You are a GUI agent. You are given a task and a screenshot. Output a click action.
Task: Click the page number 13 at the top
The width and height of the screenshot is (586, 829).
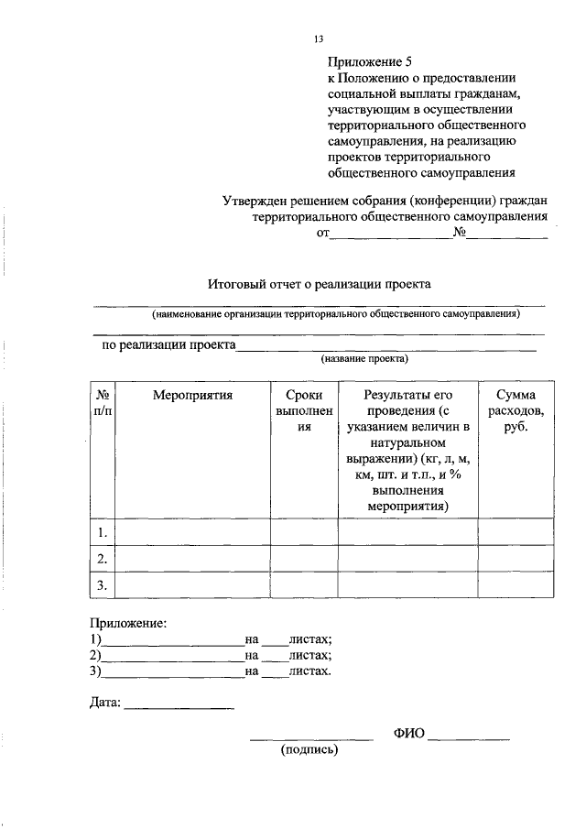click(x=319, y=39)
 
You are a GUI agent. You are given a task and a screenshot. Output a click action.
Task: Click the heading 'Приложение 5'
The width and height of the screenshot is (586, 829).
click(x=372, y=62)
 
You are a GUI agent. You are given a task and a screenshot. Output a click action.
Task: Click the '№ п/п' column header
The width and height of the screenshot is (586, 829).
click(x=103, y=404)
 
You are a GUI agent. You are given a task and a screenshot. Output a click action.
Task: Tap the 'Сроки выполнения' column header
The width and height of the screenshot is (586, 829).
click(x=304, y=411)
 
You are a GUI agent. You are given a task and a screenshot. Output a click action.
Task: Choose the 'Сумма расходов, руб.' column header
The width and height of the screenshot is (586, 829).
click(x=516, y=411)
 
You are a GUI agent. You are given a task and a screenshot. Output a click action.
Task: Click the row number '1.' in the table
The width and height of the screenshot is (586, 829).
click(x=103, y=532)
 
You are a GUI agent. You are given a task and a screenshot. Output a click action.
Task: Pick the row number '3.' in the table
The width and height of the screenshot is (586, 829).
click(x=103, y=584)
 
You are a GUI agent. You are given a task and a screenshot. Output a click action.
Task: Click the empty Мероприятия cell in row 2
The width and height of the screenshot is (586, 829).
click(x=193, y=558)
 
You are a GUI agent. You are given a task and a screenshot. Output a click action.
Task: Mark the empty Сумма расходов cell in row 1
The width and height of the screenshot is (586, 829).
click(x=516, y=532)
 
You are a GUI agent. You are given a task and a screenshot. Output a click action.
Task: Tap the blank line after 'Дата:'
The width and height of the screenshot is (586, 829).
click(x=179, y=706)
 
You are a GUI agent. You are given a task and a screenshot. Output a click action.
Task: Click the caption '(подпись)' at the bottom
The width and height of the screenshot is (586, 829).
click(x=309, y=749)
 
